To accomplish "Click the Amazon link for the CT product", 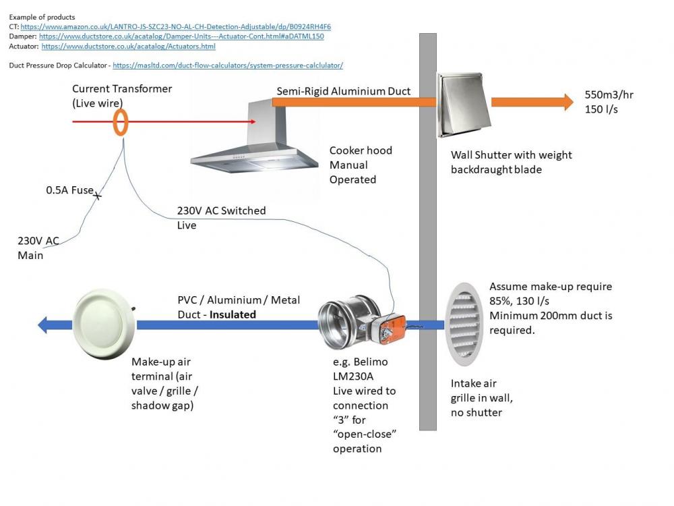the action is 176,27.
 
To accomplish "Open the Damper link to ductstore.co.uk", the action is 181,36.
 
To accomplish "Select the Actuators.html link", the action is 129,47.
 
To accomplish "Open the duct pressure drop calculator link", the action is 228,65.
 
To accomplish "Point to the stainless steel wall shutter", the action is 464,105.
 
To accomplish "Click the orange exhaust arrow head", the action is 569,102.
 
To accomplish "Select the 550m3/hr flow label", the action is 609,95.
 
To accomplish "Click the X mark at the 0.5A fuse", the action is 98,196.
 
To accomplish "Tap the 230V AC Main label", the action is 38,248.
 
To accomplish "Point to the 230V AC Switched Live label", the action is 221,218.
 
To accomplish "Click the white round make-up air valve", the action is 104,324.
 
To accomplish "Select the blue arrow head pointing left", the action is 42,325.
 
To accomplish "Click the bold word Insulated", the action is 233,314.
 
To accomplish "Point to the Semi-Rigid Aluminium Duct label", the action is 344,91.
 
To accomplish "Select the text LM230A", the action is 353,376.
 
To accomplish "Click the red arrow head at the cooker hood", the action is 253,121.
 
